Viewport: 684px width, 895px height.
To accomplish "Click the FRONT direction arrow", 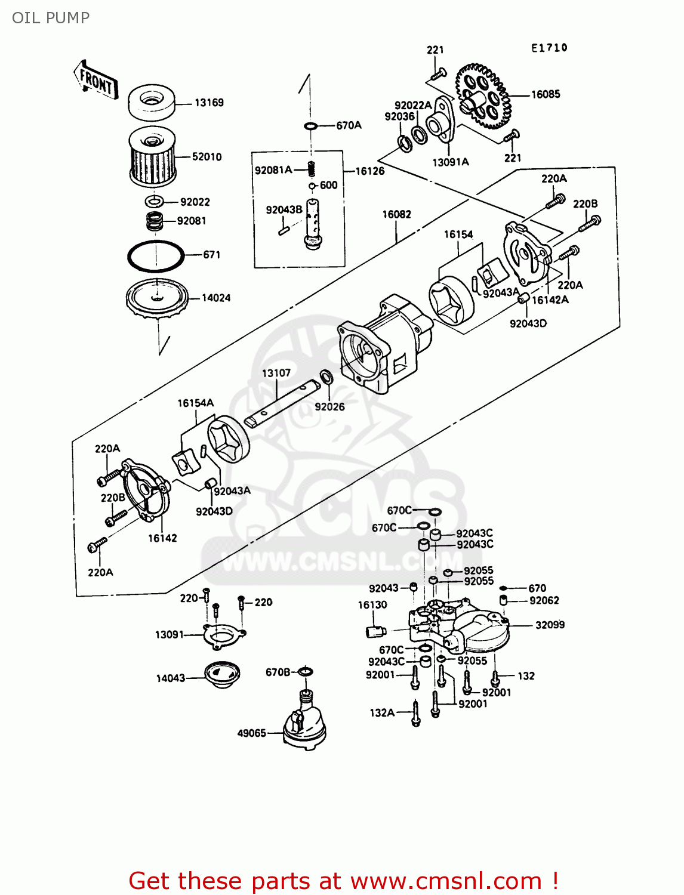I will click(95, 80).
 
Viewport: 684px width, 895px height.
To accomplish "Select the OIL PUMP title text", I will click(51, 18).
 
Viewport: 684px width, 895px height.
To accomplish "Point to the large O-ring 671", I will click(155, 256).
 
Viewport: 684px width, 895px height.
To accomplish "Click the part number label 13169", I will click(209, 103).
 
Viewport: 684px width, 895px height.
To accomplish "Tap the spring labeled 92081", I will click(155, 221).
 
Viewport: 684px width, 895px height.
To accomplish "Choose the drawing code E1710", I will click(549, 48).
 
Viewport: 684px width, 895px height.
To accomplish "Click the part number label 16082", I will click(396, 214).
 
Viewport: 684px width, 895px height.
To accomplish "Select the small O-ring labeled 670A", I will click(310, 126).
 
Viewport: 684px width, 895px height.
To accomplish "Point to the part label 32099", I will click(550, 625).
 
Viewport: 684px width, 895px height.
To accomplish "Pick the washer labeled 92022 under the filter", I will click(154, 201).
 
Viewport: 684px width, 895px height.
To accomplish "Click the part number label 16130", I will click(372, 604).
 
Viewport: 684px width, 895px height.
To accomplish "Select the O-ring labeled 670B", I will click(305, 672).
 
